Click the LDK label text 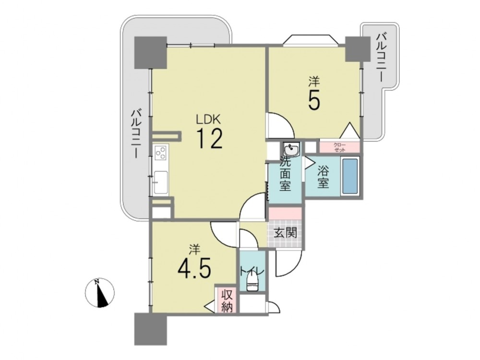pyautogui.click(x=208, y=119)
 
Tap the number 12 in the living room pyautogui.click(x=209, y=138)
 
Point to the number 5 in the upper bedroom pyautogui.click(x=314, y=100)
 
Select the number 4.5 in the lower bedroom pyautogui.click(x=194, y=270)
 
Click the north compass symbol pyautogui.click(x=99, y=293)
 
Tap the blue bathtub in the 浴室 pyautogui.click(x=349, y=176)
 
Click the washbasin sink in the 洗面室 pyautogui.click(x=291, y=150)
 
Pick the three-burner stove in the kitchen pyautogui.click(x=161, y=152)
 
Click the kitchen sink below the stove pyautogui.click(x=161, y=182)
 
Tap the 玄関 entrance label pyautogui.click(x=285, y=233)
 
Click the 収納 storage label pyautogui.click(x=227, y=301)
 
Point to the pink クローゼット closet pyautogui.click(x=339, y=147)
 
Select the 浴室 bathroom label pyautogui.click(x=323, y=177)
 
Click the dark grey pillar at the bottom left pyautogui.click(x=151, y=328)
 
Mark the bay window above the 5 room pyautogui.click(x=311, y=40)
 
